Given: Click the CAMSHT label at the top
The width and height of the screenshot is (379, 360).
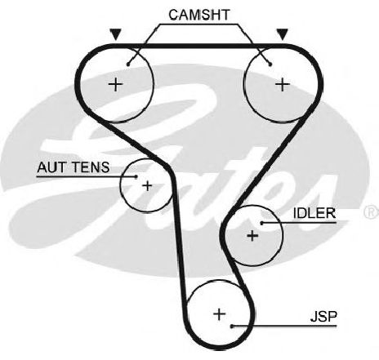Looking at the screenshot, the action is coord(199,15).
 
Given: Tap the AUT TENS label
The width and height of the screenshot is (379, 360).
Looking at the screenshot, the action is coord(74,167).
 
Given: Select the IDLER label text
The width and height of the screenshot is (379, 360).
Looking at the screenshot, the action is coord(314,213).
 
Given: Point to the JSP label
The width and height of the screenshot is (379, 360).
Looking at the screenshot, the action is coord(323,316).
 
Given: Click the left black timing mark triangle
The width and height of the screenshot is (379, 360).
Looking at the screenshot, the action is coord(116,34).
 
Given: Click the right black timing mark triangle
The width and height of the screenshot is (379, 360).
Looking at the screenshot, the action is coord(283,34).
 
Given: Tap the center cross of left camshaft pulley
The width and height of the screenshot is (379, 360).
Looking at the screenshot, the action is coord(116,84).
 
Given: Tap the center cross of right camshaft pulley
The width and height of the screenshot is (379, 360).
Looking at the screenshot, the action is coord(283,84).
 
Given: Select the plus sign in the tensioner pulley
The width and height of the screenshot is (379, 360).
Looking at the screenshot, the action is coord(147,186).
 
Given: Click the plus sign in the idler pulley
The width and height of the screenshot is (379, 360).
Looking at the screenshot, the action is coord(252,235).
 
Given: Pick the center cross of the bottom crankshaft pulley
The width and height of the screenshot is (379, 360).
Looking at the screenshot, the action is coord(220,314).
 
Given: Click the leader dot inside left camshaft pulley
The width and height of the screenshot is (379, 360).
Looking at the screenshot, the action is coord(128,64).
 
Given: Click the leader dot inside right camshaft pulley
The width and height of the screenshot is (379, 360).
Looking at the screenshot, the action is coord(270,64).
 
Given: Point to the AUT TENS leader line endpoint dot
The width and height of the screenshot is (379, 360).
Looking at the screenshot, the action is coord(136,176).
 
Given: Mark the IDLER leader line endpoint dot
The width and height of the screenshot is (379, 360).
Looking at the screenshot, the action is coord(262,223).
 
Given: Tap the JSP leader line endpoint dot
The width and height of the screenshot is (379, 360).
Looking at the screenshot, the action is coord(232,326).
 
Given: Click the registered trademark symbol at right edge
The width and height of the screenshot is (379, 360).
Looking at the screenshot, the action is coord(371,212).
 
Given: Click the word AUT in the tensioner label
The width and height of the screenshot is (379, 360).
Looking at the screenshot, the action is coord(51,167).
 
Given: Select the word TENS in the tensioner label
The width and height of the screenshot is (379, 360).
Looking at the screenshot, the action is coord(90,167).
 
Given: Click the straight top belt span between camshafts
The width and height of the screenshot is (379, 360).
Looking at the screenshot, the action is coord(199,46).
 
